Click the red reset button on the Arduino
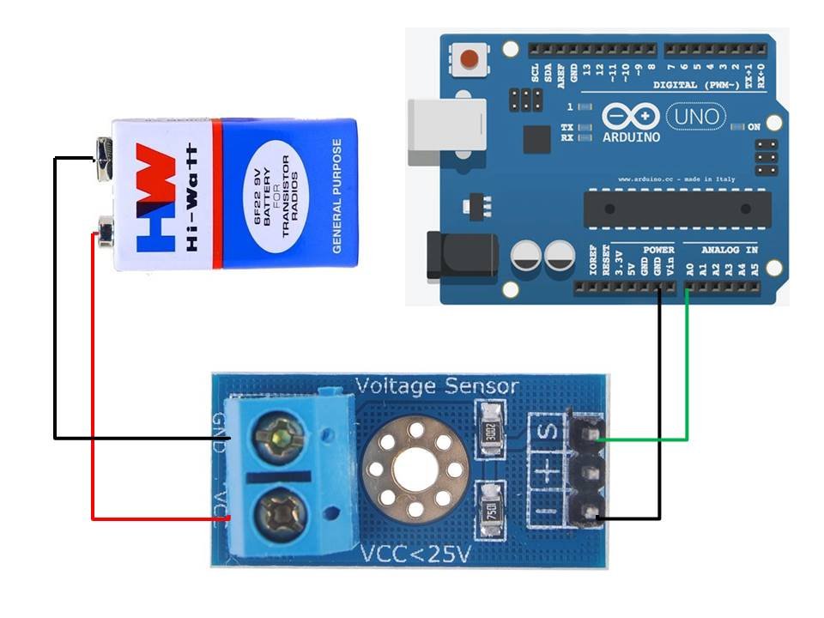(470, 59)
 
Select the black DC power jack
(461, 255)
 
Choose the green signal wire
(687, 386)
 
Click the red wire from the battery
(92, 386)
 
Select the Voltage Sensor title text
(437, 386)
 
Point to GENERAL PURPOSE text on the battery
(337, 196)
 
